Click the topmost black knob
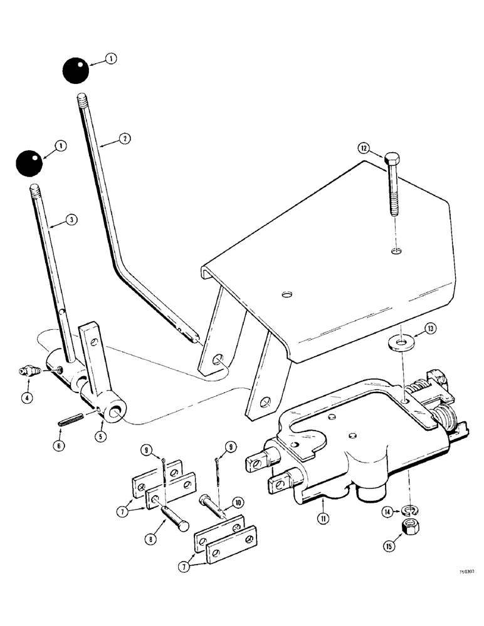(75, 70)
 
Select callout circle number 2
(126, 139)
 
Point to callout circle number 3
(72, 220)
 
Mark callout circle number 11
(322, 517)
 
